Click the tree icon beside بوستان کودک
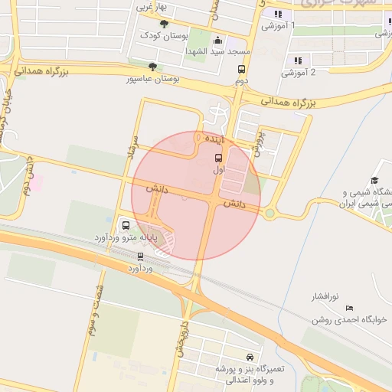163,23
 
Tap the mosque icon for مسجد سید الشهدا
217,41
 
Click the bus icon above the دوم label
242,69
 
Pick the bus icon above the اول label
220,158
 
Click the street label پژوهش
259,142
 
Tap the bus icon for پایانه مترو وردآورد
126,225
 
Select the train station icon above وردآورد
140,257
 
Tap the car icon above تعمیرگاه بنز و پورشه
250,358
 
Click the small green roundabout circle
269,213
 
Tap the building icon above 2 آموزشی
298,60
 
